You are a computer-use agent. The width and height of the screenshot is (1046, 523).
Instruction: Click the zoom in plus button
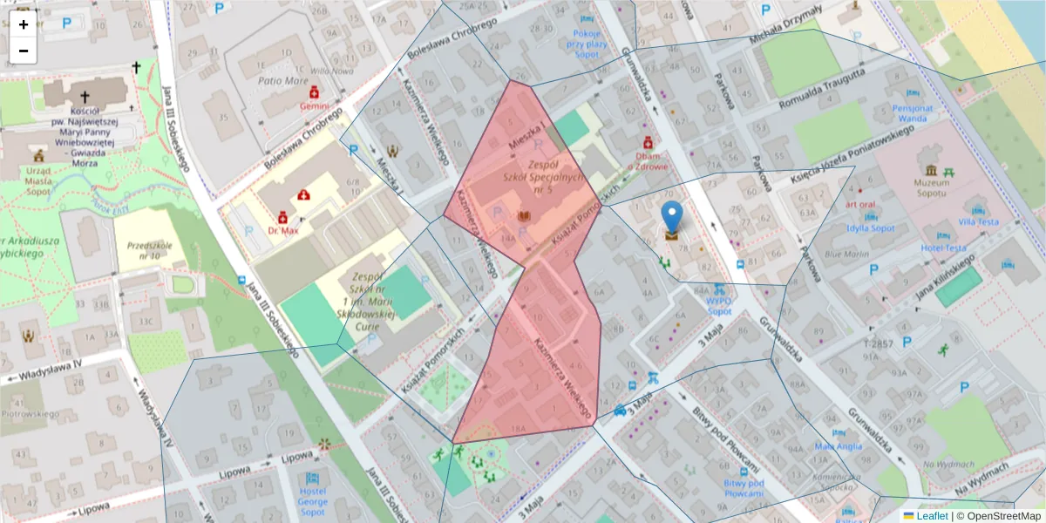24,24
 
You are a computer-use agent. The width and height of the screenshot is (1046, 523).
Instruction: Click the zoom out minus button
24,51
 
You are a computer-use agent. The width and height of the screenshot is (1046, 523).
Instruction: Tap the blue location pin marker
672,217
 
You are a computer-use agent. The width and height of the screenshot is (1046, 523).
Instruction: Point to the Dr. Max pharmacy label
283,231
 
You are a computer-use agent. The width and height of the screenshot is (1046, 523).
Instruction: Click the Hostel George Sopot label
312,501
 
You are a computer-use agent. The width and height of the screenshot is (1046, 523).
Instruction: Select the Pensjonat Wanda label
913,113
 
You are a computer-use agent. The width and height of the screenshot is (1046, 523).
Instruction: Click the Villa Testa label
978,221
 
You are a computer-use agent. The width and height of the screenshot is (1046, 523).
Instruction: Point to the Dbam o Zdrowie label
647,161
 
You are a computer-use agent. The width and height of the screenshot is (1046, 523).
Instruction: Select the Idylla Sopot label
870,228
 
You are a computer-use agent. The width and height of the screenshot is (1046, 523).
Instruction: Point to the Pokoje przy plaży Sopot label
588,42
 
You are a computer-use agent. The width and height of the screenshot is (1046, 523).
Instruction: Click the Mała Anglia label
838,446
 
